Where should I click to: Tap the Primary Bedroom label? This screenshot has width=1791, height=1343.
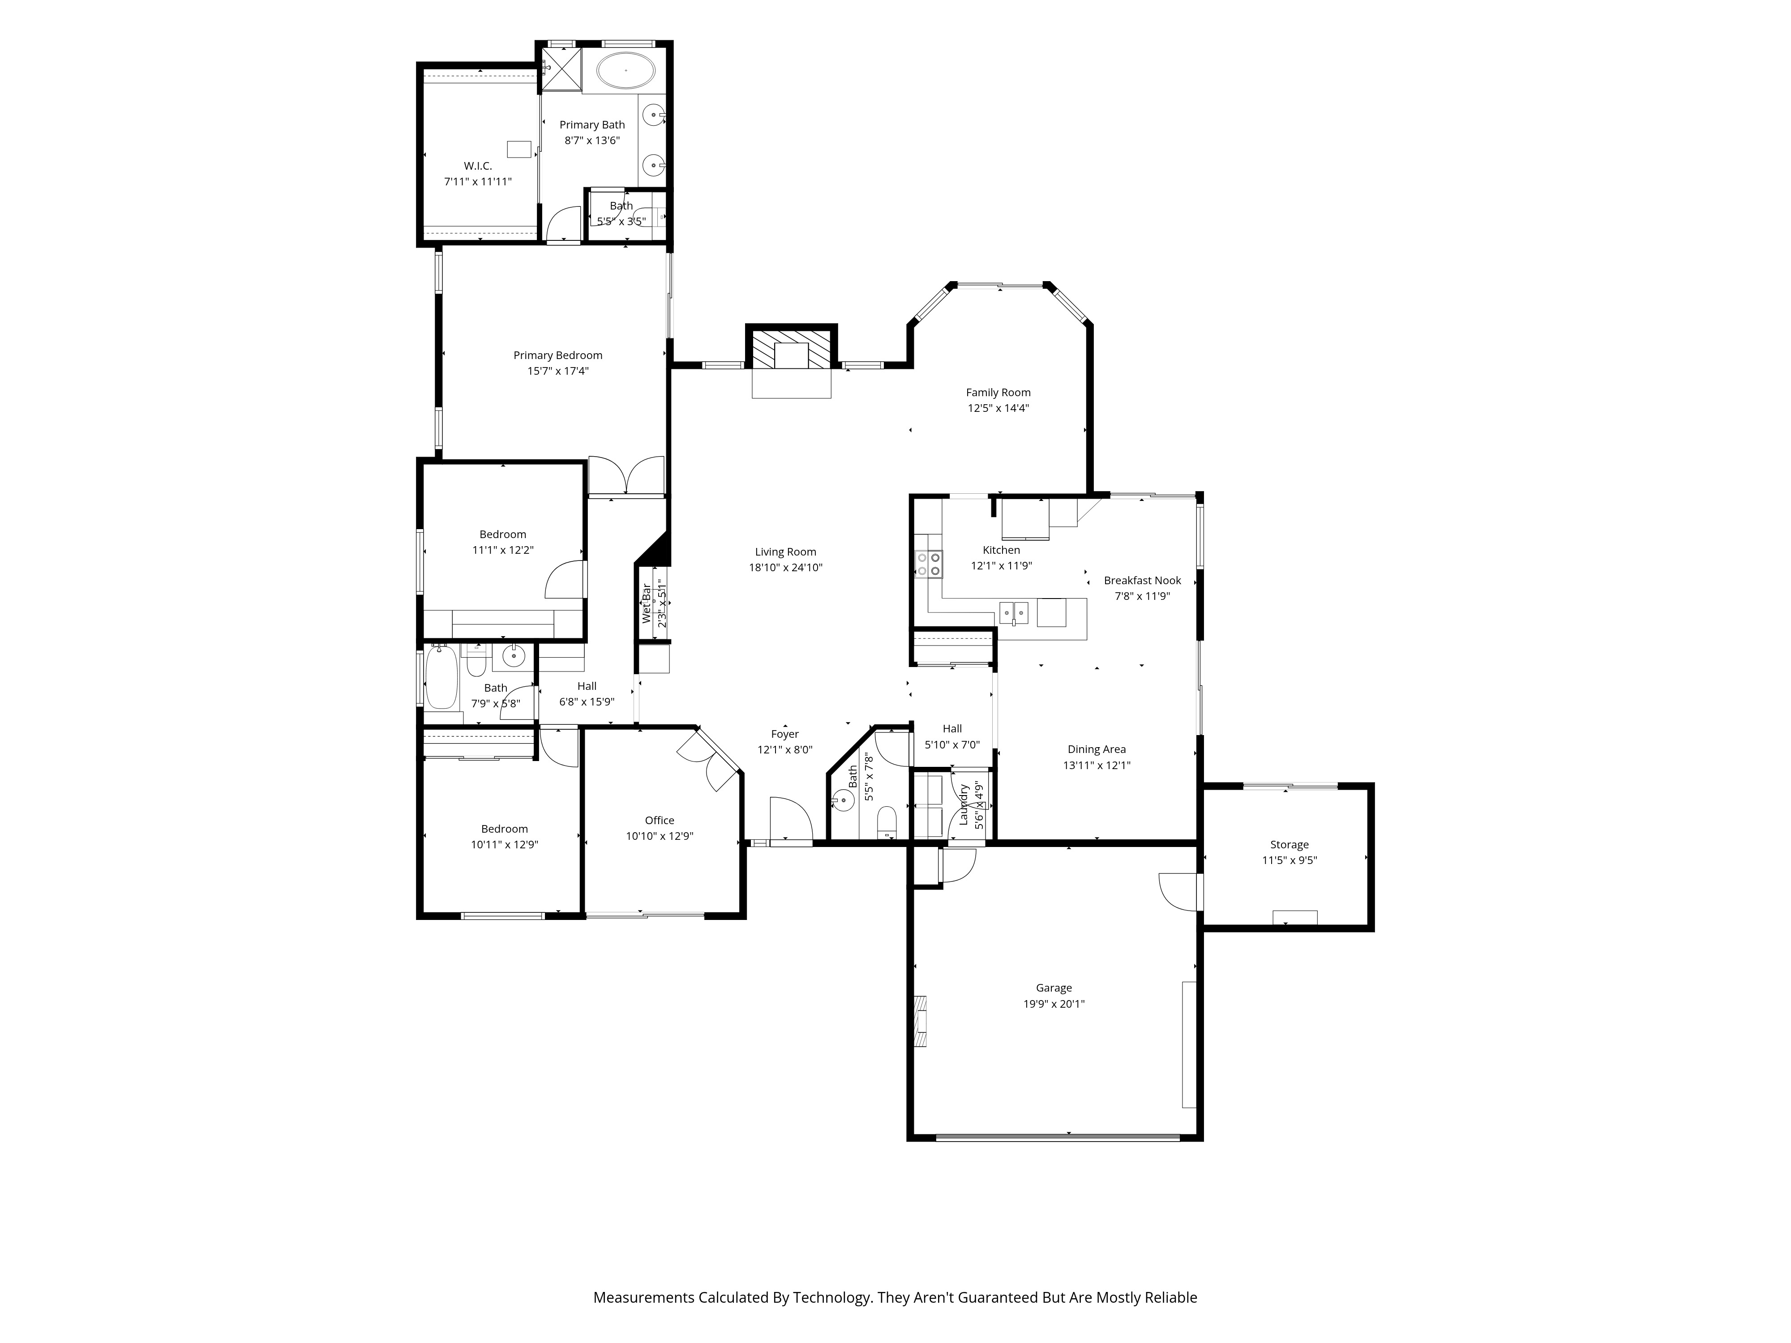click(x=558, y=355)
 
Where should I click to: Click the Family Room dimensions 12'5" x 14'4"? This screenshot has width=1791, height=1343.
click(x=998, y=408)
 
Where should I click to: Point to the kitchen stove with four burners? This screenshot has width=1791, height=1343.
click(x=929, y=564)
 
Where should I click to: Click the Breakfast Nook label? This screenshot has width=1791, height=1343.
click(x=1143, y=581)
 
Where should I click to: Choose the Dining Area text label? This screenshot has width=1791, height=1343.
click(x=1096, y=750)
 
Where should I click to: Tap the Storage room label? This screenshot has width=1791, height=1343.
click(x=1289, y=844)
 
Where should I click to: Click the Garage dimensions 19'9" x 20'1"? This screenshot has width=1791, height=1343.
click(x=1054, y=1004)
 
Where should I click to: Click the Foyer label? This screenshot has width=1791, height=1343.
click(x=784, y=734)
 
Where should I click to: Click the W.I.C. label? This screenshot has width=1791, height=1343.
click(x=478, y=166)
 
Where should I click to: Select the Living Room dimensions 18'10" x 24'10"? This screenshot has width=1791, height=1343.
click(x=785, y=568)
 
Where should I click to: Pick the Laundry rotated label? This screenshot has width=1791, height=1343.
click(x=964, y=804)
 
